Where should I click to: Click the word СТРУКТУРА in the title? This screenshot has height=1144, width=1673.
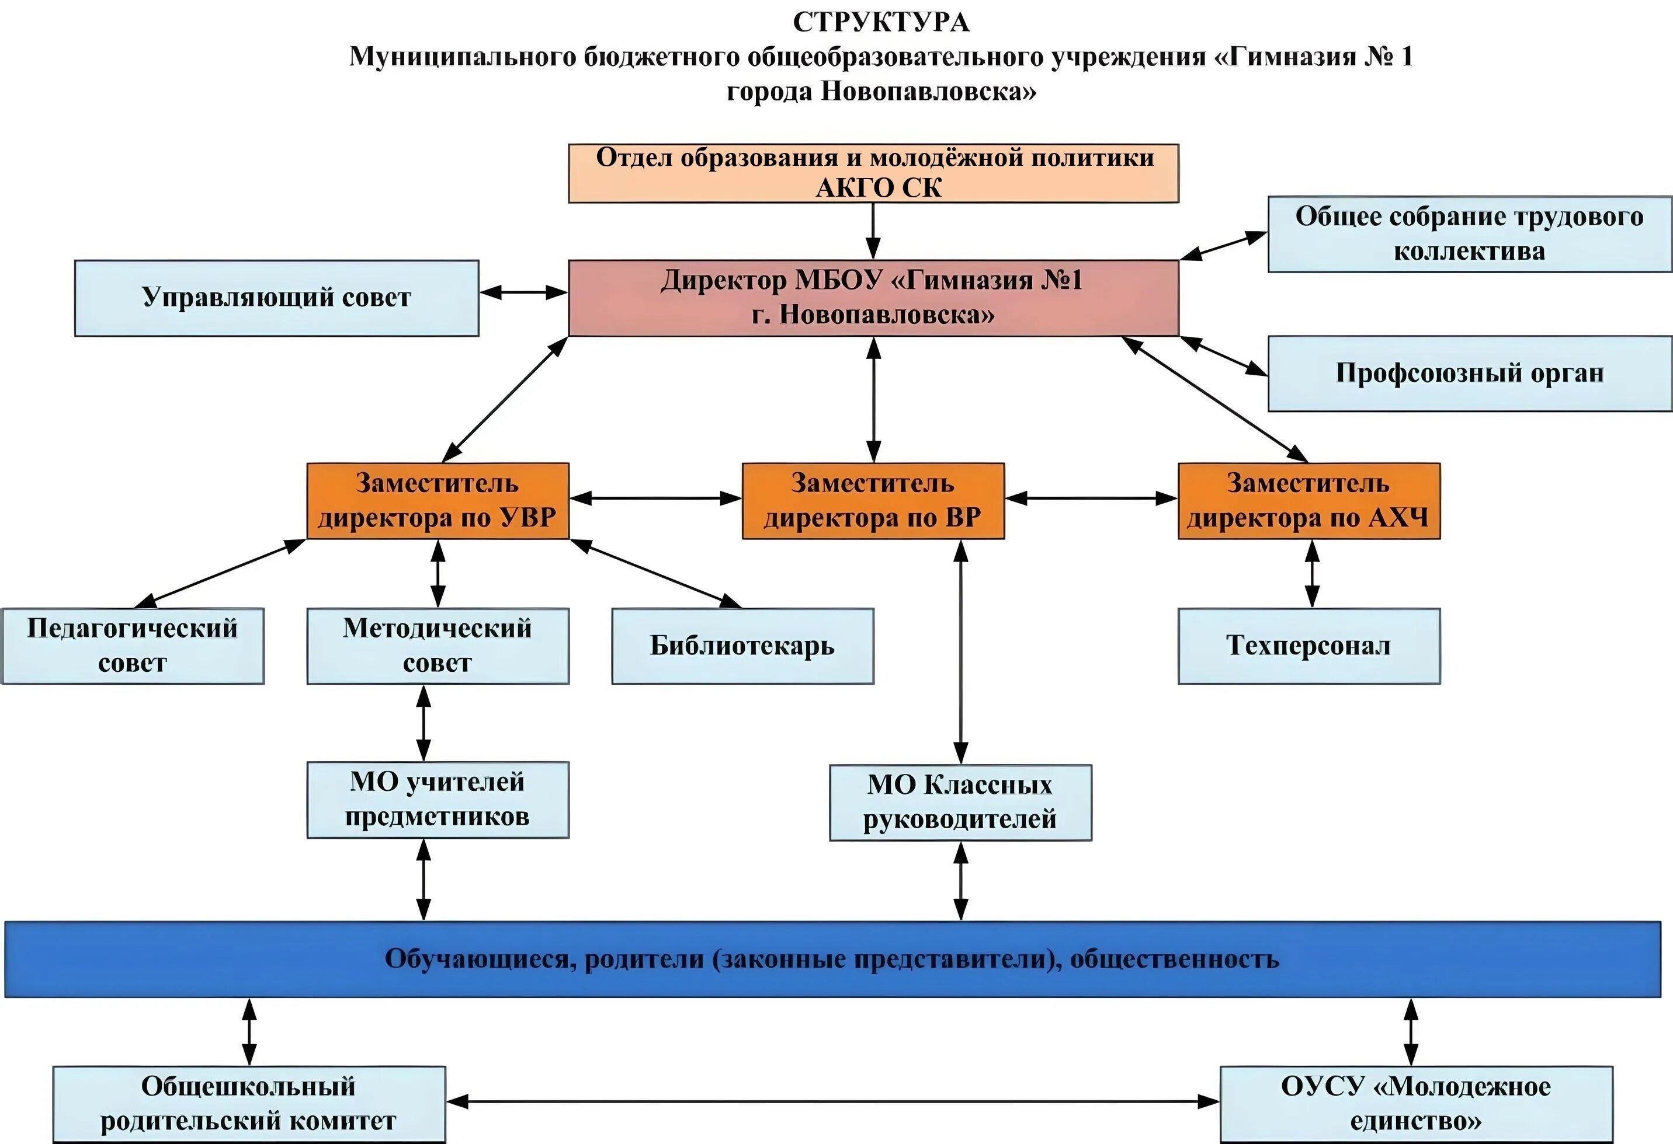pyautogui.click(x=880, y=22)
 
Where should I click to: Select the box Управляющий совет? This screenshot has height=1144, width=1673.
pyautogui.click(x=276, y=298)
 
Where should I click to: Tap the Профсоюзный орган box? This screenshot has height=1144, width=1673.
pyautogui.click(x=1469, y=374)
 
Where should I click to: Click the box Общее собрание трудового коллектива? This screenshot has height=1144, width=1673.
pyautogui.click(x=1469, y=234)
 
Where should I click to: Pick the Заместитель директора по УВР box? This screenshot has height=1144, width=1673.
pyautogui.click(x=438, y=501)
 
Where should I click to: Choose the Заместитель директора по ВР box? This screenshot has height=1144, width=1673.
pyautogui.click(x=873, y=501)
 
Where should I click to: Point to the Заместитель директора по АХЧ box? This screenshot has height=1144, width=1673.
pyautogui.click(x=1308, y=501)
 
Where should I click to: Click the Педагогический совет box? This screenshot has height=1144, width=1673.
pyautogui.click(x=133, y=646)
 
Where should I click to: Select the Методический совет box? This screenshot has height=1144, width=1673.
pyautogui.click(x=438, y=646)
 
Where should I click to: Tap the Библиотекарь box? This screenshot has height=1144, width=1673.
pyautogui.click(x=742, y=646)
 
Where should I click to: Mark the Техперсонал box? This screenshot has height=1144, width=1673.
pyautogui.click(x=1308, y=646)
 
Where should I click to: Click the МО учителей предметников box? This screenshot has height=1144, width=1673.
pyautogui.click(x=438, y=800)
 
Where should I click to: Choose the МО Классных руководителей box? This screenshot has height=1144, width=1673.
pyautogui.click(x=960, y=802)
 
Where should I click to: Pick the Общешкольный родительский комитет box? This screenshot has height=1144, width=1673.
pyautogui.click(x=249, y=1104)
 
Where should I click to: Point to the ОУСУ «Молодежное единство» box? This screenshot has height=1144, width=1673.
pyautogui.click(x=1416, y=1104)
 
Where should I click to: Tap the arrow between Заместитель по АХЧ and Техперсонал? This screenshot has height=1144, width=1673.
pyautogui.click(x=1313, y=573)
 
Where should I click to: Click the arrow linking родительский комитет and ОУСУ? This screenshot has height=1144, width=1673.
pyautogui.click(x=832, y=1101)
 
